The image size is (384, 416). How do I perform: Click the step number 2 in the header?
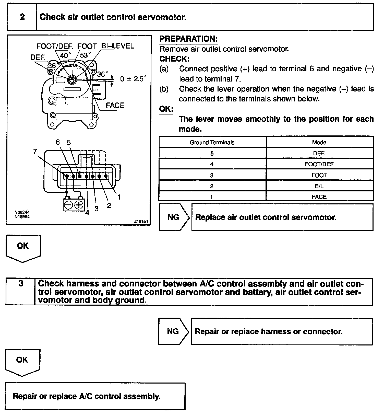(22, 17)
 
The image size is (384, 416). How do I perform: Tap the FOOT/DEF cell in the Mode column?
(319, 164)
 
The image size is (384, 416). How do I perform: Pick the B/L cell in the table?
(319, 186)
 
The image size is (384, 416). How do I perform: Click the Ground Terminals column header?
(212, 142)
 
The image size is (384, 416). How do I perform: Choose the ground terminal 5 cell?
(212, 153)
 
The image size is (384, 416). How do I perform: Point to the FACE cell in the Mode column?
(319, 197)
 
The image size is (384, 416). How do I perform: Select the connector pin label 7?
(35, 152)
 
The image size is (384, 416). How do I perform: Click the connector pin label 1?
(119, 197)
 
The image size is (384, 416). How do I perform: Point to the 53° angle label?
(85, 55)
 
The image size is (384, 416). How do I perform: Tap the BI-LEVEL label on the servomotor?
(117, 46)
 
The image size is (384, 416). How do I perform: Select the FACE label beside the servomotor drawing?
(115, 105)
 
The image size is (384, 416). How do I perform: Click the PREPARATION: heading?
(188, 39)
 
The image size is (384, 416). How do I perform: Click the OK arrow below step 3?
(22, 362)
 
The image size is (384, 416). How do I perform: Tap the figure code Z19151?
(141, 221)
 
